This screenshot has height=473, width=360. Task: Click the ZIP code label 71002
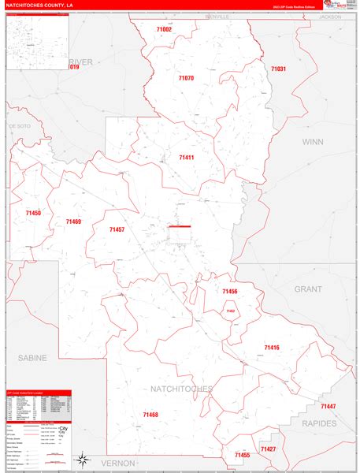pyautogui.click(x=164, y=29)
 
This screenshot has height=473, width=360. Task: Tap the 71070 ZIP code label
pyautogui.click(x=186, y=78)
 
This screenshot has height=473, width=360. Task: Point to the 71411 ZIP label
pyautogui.click(x=187, y=158)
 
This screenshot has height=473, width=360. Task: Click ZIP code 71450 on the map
pyautogui.click(x=33, y=214)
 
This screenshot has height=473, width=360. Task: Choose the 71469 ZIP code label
pyautogui.click(x=73, y=222)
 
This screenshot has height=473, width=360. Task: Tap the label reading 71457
pyautogui.click(x=117, y=229)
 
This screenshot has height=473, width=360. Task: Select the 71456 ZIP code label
pyautogui.click(x=229, y=292)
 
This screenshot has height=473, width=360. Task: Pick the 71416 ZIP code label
pyautogui.click(x=272, y=348)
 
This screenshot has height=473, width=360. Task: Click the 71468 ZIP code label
pyautogui.click(x=150, y=415)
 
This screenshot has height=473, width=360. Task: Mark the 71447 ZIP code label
pyautogui.click(x=328, y=406)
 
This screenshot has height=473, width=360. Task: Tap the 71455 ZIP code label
pyautogui.click(x=243, y=455)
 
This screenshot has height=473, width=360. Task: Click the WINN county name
pyautogui.click(x=312, y=142)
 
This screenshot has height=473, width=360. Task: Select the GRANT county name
pyautogui.click(x=308, y=289)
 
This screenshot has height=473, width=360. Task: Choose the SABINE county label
pyautogui.click(x=32, y=357)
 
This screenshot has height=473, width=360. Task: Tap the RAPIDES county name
pyautogui.click(x=318, y=423)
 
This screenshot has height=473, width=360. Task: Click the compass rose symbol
pyautogui.click(x=81, y=458)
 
